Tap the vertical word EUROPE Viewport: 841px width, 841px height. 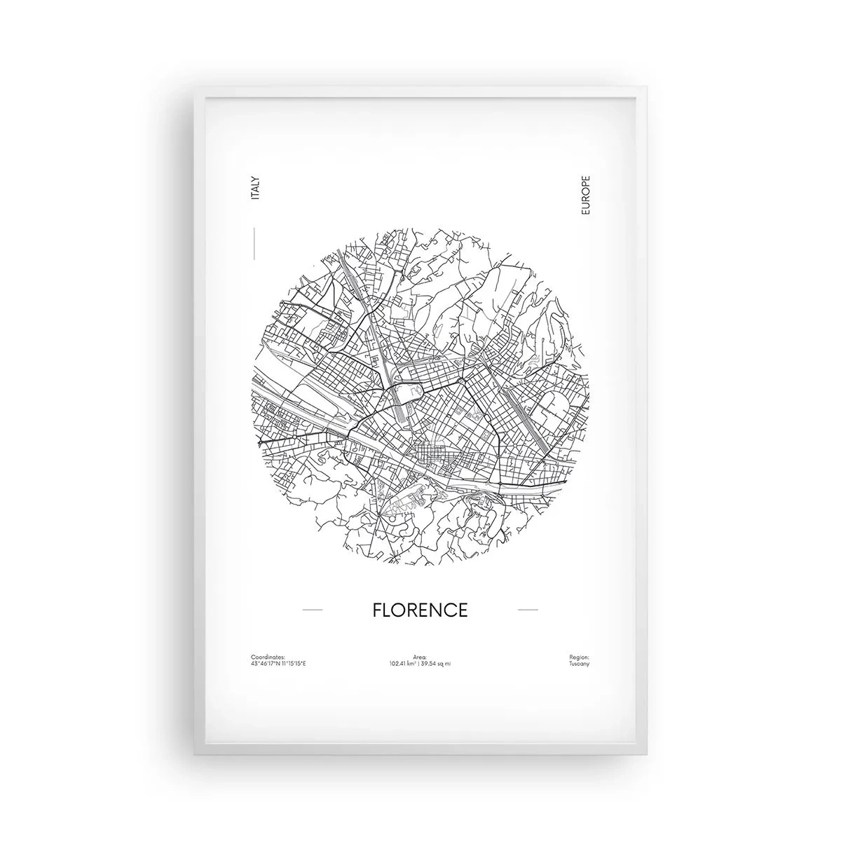(586, 196)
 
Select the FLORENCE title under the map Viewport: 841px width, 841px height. (420, 610)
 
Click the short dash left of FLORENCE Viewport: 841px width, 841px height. (312, 610)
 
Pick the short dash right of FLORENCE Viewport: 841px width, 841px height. (527, 610)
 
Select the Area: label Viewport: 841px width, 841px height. (420, 657)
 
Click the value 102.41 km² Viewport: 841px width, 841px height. (404, 663)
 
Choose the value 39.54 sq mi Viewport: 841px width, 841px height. (436, 663)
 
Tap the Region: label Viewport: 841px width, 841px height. (580, 657)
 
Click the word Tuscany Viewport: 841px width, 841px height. (580, 663)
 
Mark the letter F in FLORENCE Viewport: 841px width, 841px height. (377, 610)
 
